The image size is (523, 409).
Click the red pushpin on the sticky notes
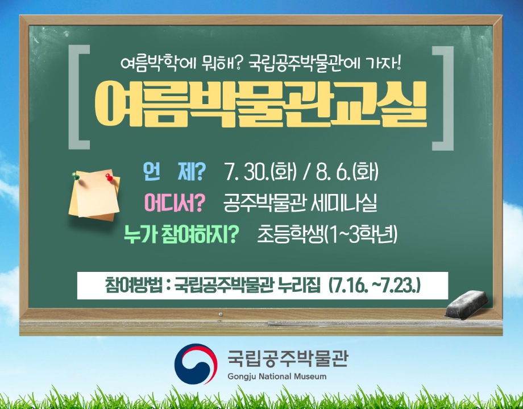109,177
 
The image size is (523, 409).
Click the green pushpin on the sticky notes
76,176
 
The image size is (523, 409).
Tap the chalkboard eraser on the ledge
466,304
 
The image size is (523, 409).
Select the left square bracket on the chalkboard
78,97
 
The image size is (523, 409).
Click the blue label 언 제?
174,172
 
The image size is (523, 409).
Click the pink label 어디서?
174,203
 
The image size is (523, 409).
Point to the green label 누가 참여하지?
181,234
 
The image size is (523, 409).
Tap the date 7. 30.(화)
260,172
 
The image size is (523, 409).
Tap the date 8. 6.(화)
347,172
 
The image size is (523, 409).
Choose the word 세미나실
343,203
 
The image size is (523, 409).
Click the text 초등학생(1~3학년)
327,234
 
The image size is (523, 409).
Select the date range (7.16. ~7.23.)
374,286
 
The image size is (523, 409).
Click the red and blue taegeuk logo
196,363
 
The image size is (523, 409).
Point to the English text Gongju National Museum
277,377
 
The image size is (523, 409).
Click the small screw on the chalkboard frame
220,314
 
